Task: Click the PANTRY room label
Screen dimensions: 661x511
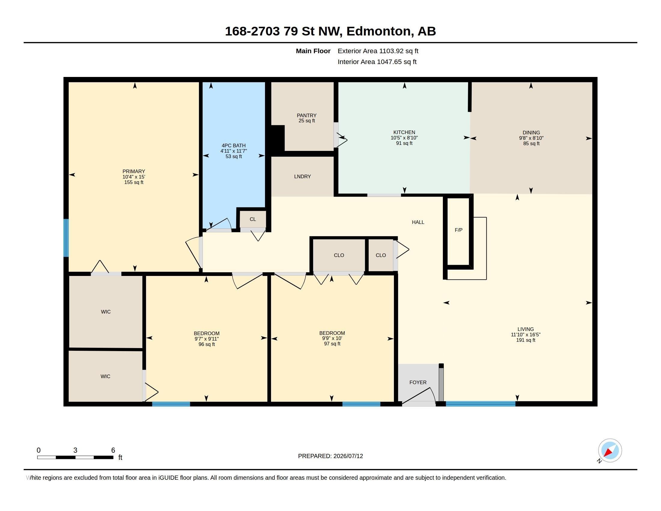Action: click(306, 115)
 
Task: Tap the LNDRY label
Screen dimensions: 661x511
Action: click(302, 176)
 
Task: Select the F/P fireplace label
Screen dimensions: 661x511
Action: click(458, 230)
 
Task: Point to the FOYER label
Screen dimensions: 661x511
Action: click(418, 382)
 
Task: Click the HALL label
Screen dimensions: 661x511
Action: click(418, 222)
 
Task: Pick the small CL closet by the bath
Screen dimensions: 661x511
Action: click(253, 219)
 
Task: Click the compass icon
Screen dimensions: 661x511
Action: click(610, 451)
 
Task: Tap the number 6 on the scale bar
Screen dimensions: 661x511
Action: click(113, 450)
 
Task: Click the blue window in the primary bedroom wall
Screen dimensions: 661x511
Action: click(66, 238)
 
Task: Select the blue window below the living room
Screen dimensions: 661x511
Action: click(481, 403)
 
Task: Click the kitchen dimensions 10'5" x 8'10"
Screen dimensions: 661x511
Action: click(404, 138)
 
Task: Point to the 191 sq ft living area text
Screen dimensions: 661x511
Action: click(526, 340)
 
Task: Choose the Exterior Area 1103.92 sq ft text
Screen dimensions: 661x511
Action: click(378, 51)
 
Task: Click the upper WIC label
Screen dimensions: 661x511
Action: click(106, 312)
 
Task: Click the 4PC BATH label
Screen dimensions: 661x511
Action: click(233, 145)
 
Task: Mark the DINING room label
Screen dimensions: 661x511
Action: click(531, 133)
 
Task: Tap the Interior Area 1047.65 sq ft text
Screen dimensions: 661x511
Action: click(377, 62)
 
